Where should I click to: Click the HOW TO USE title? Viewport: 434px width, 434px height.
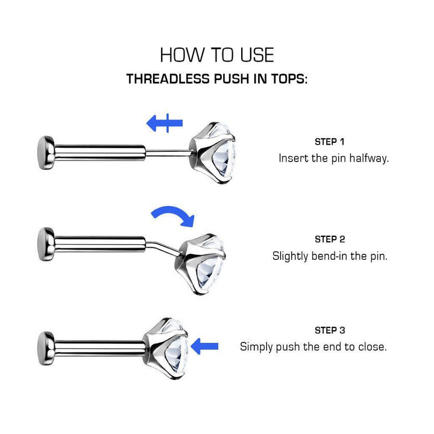pos(217,55)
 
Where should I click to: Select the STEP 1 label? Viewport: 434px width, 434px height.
pos(330,142)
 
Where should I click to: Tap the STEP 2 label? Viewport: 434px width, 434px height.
pos(330,239)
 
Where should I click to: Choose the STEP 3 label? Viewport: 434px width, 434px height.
pos(330,330)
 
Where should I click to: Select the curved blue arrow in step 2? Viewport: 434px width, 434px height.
pos(173,215)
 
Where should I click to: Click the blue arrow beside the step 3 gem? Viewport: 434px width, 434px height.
pos(205,346)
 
